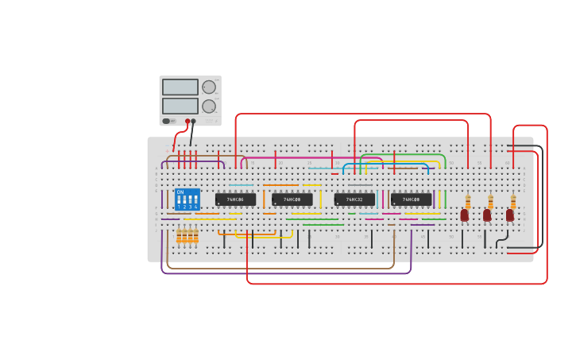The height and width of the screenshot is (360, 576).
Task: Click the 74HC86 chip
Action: pos(235,199)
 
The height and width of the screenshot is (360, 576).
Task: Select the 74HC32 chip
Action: pos(354,199)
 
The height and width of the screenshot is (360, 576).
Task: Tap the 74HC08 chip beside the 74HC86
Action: pos(292,199)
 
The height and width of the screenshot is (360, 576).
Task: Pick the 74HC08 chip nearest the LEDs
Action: pos(411,199)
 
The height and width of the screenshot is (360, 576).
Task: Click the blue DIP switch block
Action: pos(187,199)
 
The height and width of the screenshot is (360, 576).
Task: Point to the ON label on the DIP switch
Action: pos(180,192)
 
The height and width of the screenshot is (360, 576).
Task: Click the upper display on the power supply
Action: pos(180,87)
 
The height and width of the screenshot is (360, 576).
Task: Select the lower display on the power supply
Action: pos(180,106)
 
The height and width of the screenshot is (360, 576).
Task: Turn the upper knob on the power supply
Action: pos(209,87)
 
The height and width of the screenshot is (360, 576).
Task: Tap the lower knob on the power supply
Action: pos(209,106)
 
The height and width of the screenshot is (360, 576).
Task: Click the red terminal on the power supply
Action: pos(188,122)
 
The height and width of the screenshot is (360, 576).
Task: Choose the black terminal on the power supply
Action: pos(193,122)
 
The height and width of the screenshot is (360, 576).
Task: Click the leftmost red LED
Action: pos(464,215)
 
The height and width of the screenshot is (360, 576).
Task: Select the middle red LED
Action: pos(487,215)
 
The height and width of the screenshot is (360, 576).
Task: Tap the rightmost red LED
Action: pos(510,215)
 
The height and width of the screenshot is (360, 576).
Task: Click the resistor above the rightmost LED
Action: pos(513,201)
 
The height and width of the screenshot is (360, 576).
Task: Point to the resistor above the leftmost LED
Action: pos(468,201)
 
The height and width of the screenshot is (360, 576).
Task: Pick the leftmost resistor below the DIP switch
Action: pos(180,235)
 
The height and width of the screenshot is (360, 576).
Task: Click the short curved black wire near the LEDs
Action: pos(502,239)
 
